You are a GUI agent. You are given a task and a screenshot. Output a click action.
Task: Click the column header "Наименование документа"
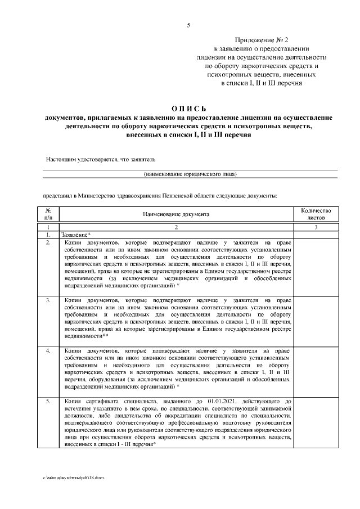pyautogui.click(x=176, y=214)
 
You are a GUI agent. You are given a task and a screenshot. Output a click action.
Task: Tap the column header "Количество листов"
pyautogui.click(x=312, y=214)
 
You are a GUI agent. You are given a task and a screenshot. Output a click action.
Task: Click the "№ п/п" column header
pyautogui.click(x=48, y=214)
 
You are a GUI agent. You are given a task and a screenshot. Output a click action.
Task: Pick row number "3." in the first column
pyautogui.click(x=48, y=301)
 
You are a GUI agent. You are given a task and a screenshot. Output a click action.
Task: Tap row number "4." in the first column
pyautogui.click(x=48, y=351)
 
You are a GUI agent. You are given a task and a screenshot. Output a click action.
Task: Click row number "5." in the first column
pyautogui.click(x=48, y=401)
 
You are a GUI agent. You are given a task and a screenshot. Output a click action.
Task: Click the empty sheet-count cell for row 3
pyautogui.click(x=312, y=321)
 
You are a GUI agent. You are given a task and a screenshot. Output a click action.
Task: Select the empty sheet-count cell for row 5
pyautogui.click(x=312, y=422)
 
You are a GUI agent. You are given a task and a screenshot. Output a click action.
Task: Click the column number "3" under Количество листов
pyautogui.click(x=312, y=227)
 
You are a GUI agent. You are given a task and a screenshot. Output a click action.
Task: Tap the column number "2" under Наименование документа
pyautogui.click(x=176, y=227)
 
